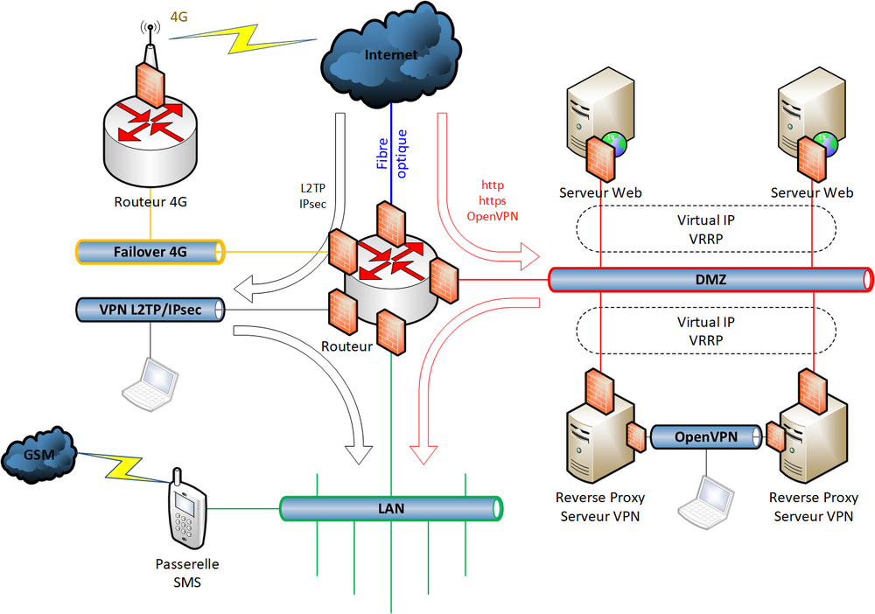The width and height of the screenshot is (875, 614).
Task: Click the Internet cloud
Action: tap(390, 57)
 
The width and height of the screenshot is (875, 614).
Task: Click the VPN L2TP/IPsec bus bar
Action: tap(150, 309)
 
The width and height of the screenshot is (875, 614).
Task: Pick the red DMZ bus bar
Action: tap(710, 279)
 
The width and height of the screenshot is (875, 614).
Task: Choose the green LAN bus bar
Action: tap(391, 507)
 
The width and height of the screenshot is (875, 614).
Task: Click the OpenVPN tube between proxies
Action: tap(705, 436)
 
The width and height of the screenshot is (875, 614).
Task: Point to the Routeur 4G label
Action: tap(150, 202)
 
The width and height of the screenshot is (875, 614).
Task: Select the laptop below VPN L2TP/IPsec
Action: tap(150, 381)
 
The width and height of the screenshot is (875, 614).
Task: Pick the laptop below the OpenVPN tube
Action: tap(708, 503)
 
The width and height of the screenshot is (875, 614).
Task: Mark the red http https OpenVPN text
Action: tap(493, 200)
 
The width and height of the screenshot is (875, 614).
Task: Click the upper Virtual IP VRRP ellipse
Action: tap(705, 228)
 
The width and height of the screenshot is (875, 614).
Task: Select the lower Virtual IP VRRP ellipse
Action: tap(705, 331)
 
